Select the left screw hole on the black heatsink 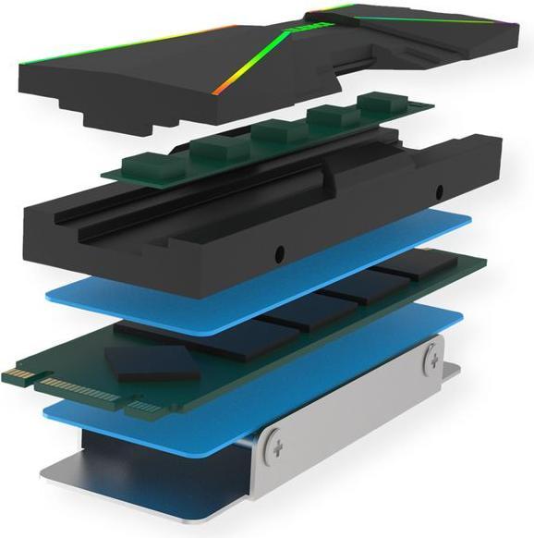(x=277, y=251)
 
